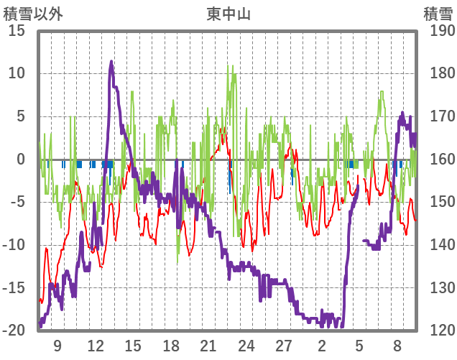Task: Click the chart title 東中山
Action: click(228, 14)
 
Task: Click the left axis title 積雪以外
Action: click(32, 14)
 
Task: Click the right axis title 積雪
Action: click(438, 14)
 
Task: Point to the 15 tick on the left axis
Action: click(17, 31)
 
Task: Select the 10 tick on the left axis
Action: click(17, 73)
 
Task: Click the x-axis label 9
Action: click(57, 346)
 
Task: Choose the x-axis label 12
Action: click(96, 346)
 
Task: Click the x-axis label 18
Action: click(171, 346)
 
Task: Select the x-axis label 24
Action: click(246, 346)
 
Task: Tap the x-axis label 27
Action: click(284, 346)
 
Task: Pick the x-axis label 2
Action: click(322, 346)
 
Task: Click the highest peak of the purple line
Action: click(111, 62)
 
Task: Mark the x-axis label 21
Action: click(208, 346)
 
